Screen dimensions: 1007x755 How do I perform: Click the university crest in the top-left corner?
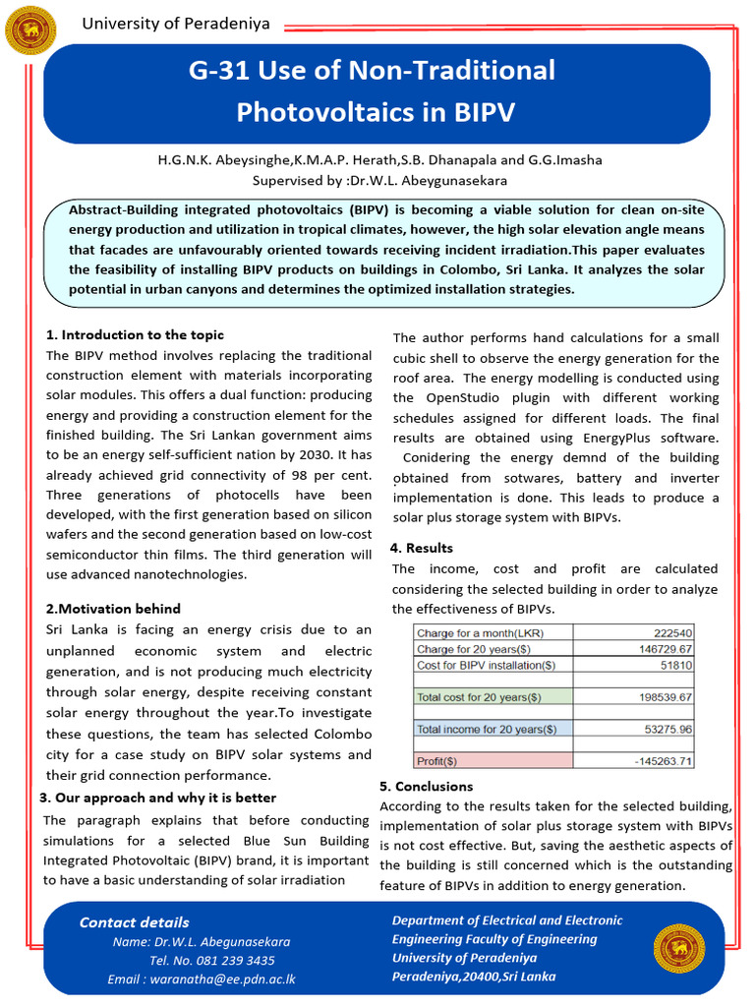(30, 30)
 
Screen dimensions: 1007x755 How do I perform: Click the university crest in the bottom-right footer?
(679, 950)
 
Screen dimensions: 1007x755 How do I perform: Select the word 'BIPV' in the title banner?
(484, 112)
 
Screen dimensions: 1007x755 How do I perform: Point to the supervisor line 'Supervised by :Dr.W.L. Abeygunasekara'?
(377, 181)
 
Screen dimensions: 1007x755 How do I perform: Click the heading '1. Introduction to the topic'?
(135, 335)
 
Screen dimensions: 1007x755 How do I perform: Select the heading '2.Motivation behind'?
(113, 609)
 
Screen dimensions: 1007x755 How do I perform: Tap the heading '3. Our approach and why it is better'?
(157, 798)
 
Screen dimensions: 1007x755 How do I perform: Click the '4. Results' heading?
(422, 548)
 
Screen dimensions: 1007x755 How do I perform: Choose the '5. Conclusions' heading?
(427, 787)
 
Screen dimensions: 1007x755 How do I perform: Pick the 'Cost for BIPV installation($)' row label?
(487, 665)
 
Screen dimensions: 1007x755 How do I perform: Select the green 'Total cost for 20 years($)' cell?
(479, 697)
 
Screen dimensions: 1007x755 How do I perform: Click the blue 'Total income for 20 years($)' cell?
(486, 729)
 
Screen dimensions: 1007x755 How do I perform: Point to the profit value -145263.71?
(653, 760)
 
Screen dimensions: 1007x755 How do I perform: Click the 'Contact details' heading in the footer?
(134, 922)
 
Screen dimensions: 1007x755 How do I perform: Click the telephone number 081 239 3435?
(241, 961)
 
